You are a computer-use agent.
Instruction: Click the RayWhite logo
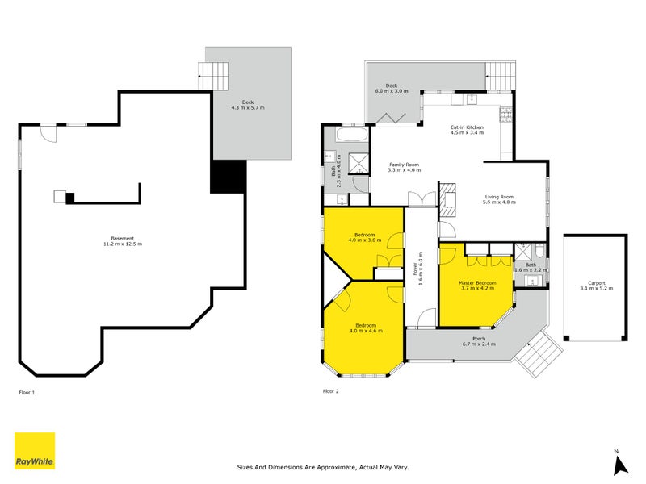click(35, 451)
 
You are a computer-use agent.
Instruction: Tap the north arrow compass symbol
click(619, 462)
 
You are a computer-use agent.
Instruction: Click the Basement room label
click(122, 240)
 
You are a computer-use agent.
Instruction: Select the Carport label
click(596, 286)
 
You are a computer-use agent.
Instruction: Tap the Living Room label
click(498, 199)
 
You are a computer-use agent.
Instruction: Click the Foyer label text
click(417, 272)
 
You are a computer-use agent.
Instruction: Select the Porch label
click(479, 341)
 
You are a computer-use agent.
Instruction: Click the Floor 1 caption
click(27, 391)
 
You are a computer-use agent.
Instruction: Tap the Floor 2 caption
click(331, 391)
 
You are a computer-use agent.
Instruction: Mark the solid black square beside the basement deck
click(228, 176)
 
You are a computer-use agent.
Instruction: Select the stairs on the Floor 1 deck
click(216, 76)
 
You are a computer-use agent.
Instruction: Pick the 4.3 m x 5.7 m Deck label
click(248, 105)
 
